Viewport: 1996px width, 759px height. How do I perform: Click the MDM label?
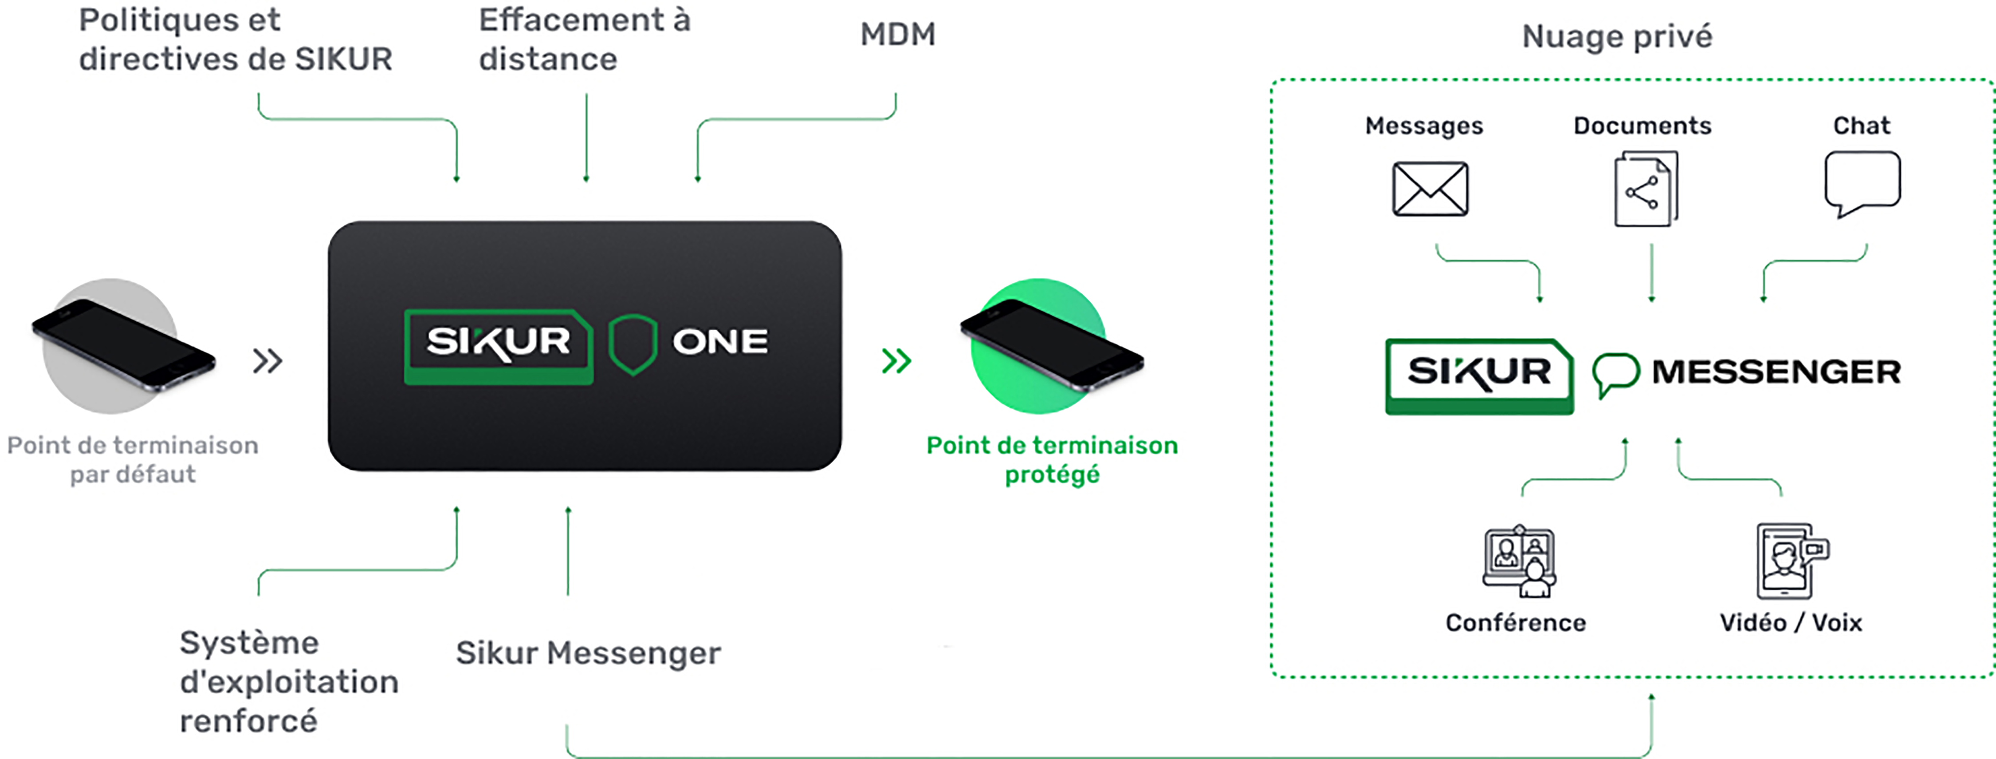[897, 35]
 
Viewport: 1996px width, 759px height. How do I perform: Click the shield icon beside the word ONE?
[632, 344]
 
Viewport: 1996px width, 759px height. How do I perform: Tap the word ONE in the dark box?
[720, 342]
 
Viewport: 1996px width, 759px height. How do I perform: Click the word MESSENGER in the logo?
[1776, 372]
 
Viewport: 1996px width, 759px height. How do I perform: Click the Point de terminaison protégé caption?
[1052, 459]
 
